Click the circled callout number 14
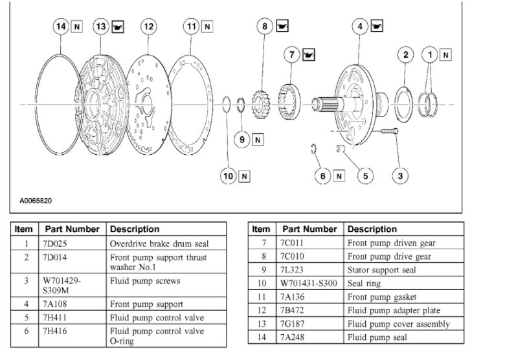tap(61, 27)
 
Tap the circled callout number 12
tap(149, 27)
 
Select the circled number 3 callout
tap(401, 175)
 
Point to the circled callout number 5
tap(365, 175)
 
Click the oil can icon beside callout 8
tap(282, 27)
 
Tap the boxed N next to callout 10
tap(245, 176)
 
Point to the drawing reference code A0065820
tap(36, 201)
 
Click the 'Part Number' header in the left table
tap(72, 229)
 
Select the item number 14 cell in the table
tap(261, 337)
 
